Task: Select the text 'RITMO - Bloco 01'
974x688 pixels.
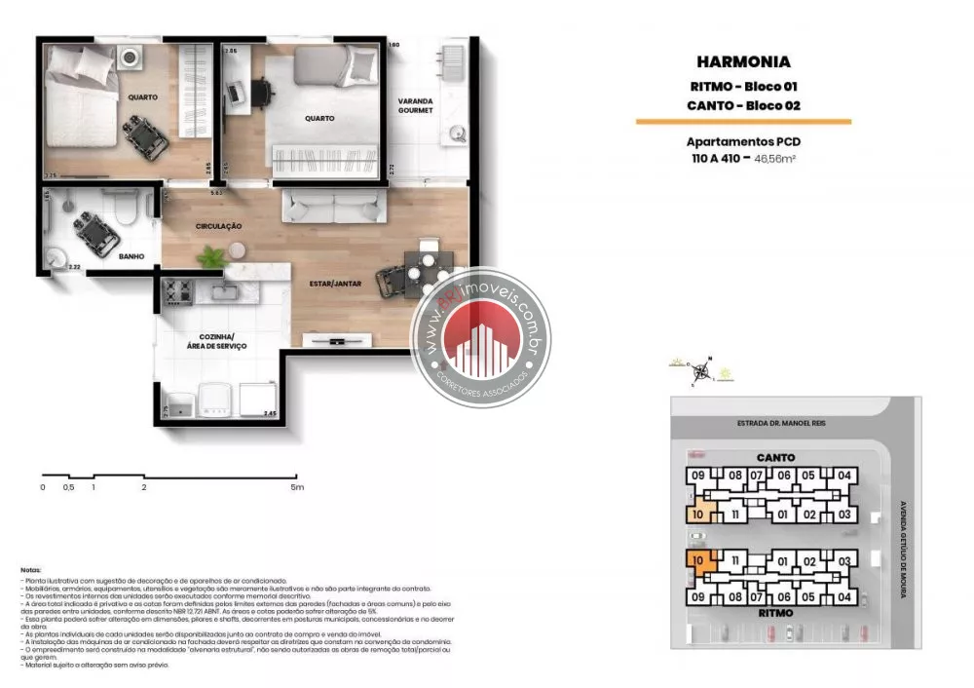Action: (x=743, y=87)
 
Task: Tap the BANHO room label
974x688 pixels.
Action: (x=131, y=256)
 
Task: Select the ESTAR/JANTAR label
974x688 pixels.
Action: (x=337, y=284)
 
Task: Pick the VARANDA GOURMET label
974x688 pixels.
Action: (x=415, y=105)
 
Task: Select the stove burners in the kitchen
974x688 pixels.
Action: (x=178, y=289)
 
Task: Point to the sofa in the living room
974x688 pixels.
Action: (x=333, y=206)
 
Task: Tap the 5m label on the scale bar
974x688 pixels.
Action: (x=297, y=486)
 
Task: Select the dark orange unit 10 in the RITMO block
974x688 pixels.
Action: (x=700, y=560)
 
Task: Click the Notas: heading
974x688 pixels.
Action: (x=30, y=569)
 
